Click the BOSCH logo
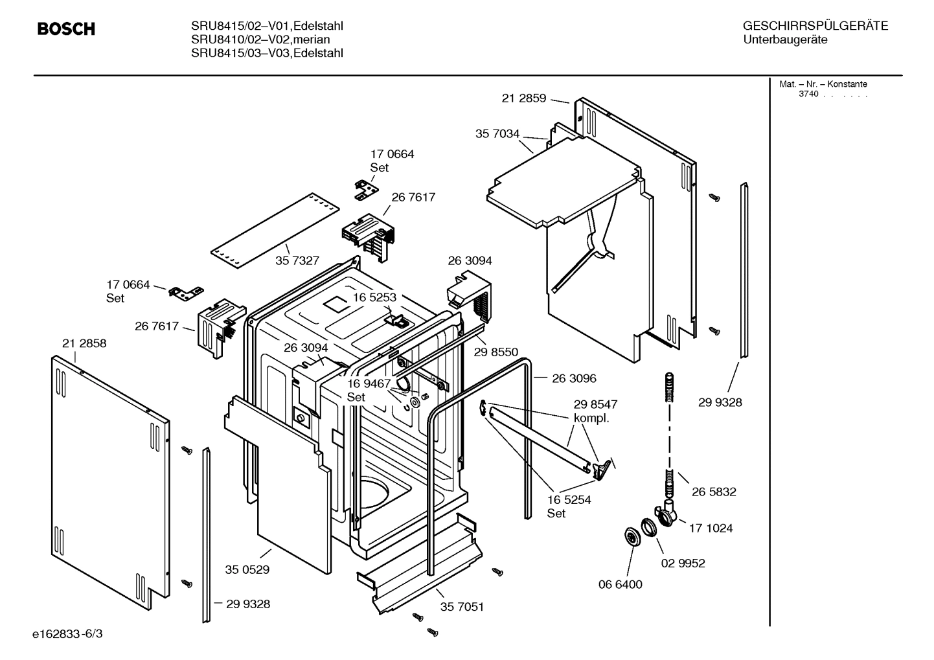66,29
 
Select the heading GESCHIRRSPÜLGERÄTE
815,26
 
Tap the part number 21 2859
523,98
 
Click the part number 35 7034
497,133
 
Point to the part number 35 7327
297,260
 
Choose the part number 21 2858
84,343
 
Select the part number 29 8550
495,352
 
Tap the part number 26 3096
574,378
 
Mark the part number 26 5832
713,492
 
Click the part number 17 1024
711,528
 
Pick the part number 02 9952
683,563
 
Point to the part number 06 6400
620,584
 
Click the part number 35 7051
462,607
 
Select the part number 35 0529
247,570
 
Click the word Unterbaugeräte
785,40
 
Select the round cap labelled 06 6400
630,536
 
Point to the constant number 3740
808,94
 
